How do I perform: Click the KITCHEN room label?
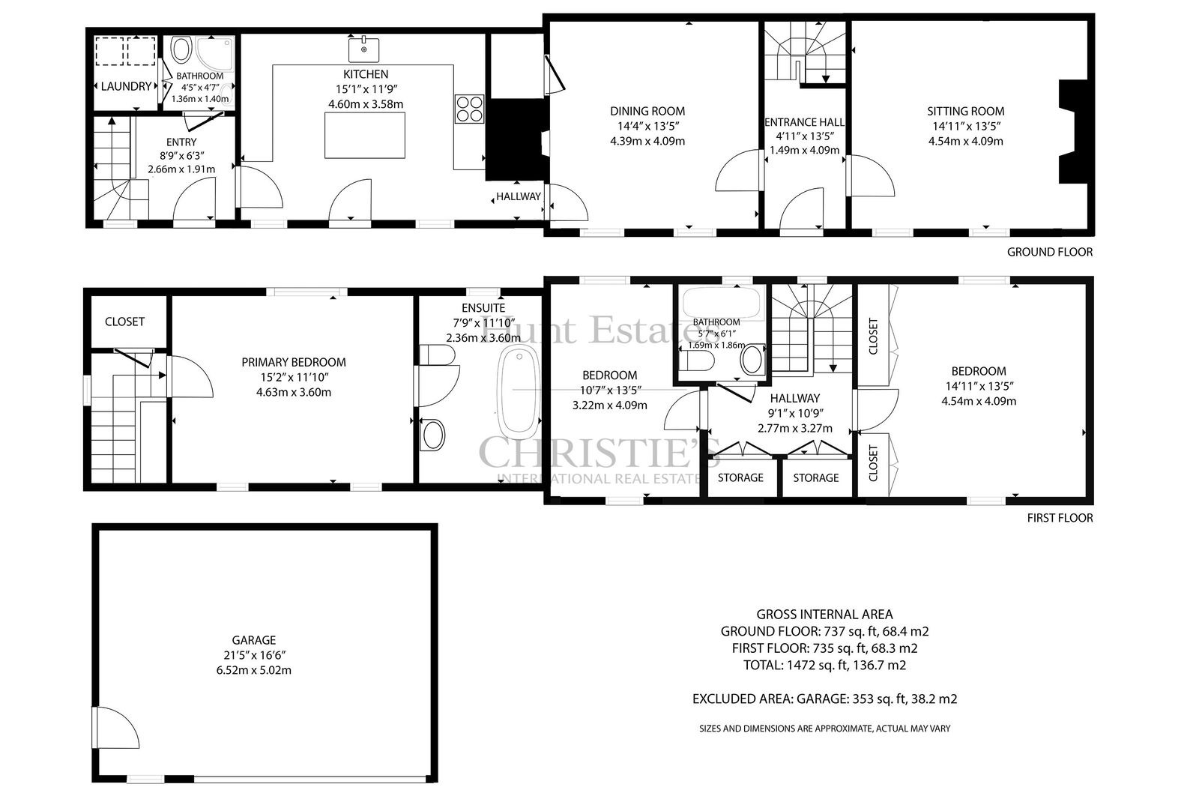click(x=366, y=74)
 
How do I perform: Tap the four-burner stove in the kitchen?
click(x=469, y=109)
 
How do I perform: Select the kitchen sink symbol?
click(x=364, y=49)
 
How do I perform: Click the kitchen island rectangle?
click(x=364, y=135)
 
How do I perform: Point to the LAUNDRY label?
click(x=126, y=86)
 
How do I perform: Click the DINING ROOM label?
click(x=647, y=111)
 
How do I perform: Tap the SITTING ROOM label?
click(x=966, y=111)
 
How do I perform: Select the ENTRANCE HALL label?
click(x=805, y=122)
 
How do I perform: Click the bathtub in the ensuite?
click(x=518, y=391)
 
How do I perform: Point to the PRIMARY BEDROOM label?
click(x=293, y=362)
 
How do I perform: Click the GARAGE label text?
click(x=254, y=640)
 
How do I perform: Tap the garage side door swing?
click(x=115, y=727)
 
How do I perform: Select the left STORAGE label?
click(x=740, y=477)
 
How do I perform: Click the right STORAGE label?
click(x=816, y=477)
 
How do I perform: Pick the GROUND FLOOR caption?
click(x=1050, y=252)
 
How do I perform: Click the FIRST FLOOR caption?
click(x=1060, y=518)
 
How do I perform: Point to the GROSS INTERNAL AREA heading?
click(x=824, y=615)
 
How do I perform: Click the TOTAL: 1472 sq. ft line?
click(x=824, y=665)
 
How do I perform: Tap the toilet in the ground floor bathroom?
click(x=181, y=49)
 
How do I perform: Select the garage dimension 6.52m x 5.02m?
click(x=254, y=670)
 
